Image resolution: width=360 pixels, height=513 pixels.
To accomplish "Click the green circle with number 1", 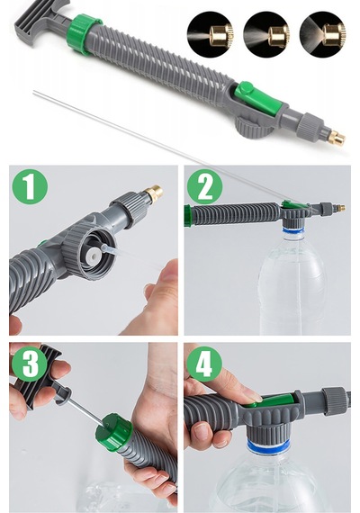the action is click(x=30, y=187).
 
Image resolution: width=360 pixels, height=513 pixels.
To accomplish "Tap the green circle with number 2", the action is click(x=204, y=187).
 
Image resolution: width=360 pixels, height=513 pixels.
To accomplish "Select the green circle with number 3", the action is click(x=30, y=364).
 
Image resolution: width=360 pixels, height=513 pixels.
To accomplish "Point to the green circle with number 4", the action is click(x=204, y=364).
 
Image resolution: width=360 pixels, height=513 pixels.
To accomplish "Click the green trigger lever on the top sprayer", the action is click(x=258, y=98).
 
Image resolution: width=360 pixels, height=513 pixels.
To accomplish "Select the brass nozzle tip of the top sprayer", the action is click(x=337, y=138).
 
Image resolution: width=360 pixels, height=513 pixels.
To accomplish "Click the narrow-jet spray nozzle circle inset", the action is click(x=211, y=34).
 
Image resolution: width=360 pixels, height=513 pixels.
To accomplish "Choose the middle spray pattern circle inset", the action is click(x=266, y=34).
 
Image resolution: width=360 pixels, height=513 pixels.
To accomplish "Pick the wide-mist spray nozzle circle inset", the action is click(x=323, y=34).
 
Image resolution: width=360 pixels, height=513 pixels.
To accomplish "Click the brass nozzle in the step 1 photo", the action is click(x=154, y=193).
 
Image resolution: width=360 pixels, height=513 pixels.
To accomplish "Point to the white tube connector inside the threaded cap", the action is click(x=94, y=254).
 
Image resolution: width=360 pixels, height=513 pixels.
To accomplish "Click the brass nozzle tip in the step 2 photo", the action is click(x=340, y=208).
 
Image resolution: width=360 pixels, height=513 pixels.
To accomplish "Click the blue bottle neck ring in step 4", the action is click(x=268, y=445).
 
